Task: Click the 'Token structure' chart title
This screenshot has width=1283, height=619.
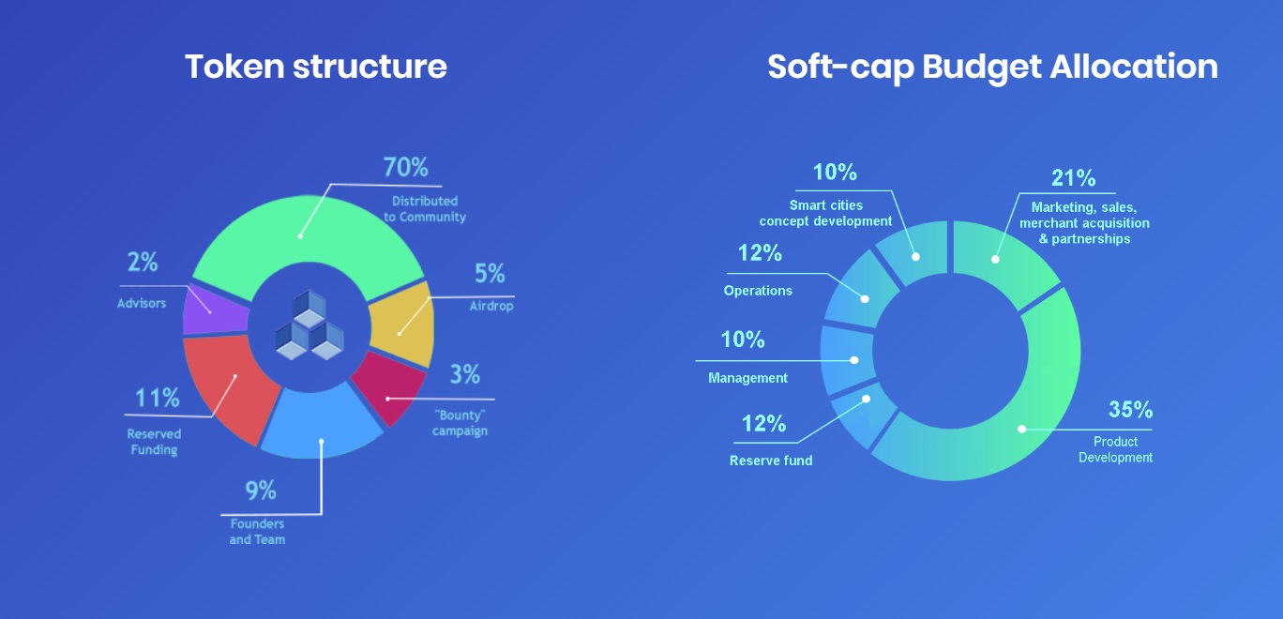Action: point(316,67)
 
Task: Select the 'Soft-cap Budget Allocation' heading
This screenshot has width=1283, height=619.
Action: point(992,68)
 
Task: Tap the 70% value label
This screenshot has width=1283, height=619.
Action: point(405,167)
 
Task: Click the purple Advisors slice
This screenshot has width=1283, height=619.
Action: point(214,309)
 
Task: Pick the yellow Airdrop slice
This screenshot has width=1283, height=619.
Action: point(402,325)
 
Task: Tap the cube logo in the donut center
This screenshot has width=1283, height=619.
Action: point(309,325)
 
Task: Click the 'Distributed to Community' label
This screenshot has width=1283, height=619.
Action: point(425,209)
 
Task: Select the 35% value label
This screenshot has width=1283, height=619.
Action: point(1131,410)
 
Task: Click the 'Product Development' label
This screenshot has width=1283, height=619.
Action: point(1115,449)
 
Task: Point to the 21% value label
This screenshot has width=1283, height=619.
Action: point(1073,178)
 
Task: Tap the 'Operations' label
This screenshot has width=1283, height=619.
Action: point(758,291)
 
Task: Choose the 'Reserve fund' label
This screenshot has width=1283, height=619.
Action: point(771,460)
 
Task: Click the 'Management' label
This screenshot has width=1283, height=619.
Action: point(748,378)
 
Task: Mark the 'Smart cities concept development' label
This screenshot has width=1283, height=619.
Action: point(825,213)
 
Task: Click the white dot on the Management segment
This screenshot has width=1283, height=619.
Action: point(854,360)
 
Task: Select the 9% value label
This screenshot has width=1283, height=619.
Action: point(261,491)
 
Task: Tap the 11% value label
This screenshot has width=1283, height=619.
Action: point(157,398)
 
